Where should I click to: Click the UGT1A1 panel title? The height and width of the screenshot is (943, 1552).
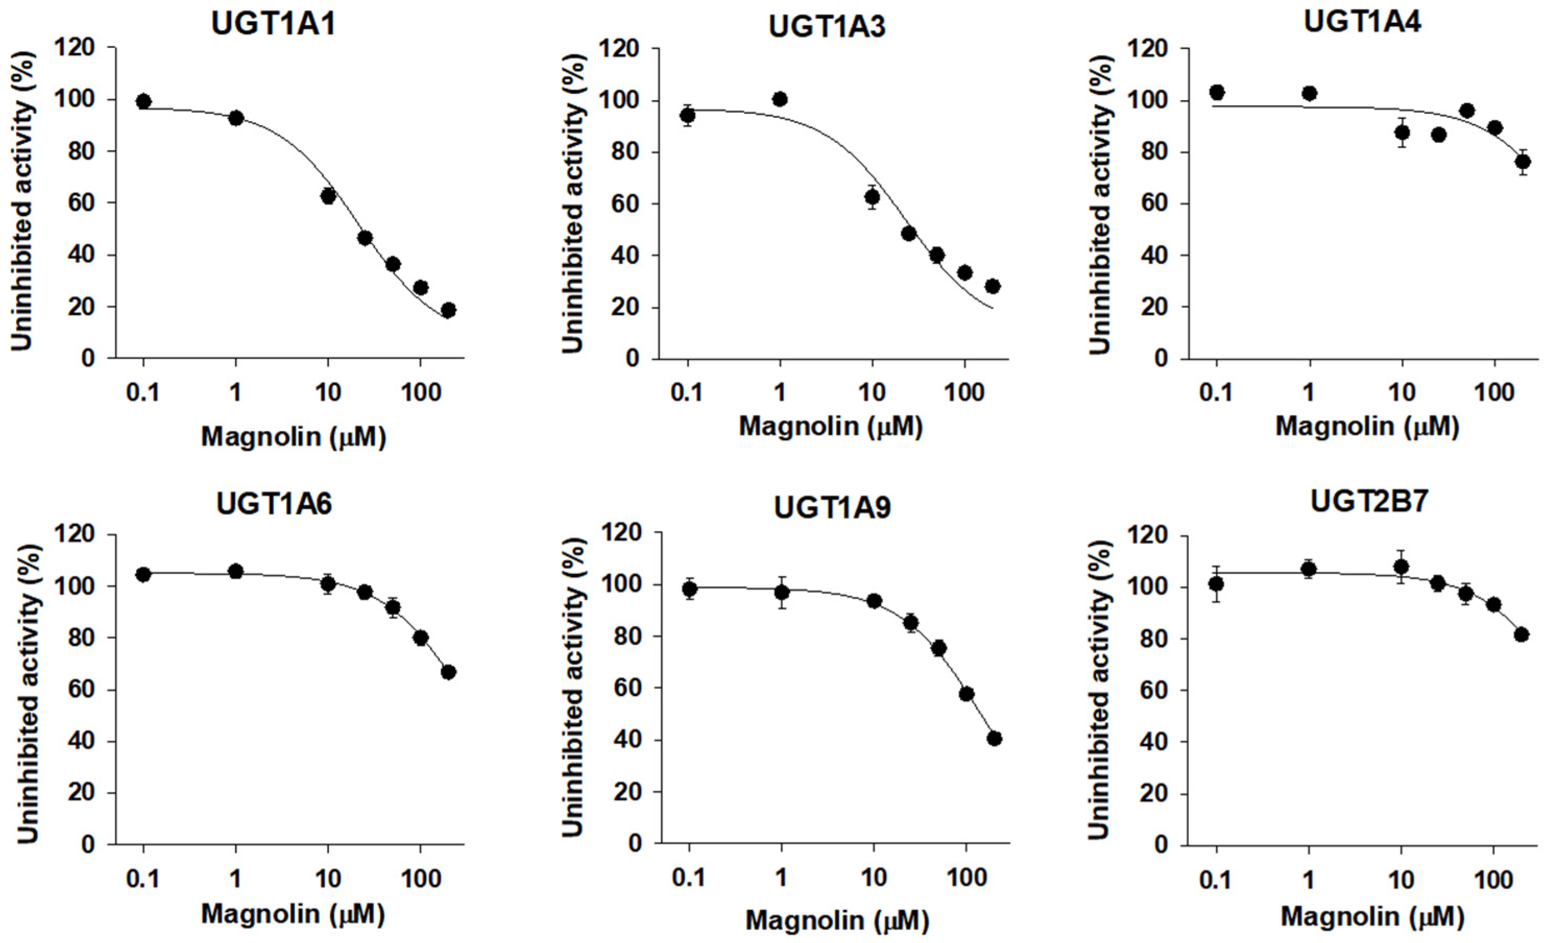pyautogui.click(x=273, y=23)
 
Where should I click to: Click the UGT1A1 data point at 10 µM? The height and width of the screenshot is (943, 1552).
pyautogui.click(x=328, y=196)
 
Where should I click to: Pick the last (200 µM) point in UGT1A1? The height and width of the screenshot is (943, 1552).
pyautogui.click(x=448, y=310)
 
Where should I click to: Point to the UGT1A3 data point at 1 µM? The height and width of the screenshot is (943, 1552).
pyautogui.click(x=780, y=99)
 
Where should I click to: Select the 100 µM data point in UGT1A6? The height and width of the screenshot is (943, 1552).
pyautogui.click(x=421, y=637)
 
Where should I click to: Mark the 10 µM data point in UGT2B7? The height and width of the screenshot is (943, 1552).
pyautogui.click(x=1401, y=567)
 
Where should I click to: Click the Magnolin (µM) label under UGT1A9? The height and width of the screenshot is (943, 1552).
pyautogui.click(x=837, y=921)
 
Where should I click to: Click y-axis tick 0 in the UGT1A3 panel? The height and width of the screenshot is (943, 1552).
pyautogui.click(x=632, y=359)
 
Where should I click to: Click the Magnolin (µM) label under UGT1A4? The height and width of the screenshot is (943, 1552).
pyautogui.click(x=1367, y=427)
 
